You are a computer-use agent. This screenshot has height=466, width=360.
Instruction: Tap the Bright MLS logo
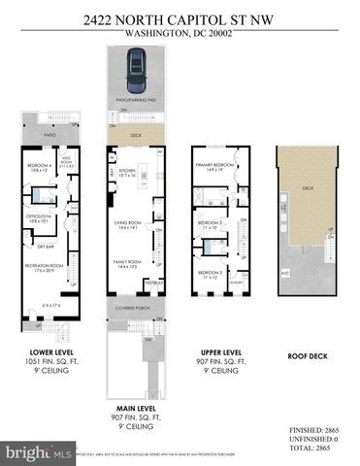pos(38,452)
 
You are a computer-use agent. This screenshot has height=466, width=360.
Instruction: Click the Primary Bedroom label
pos(213,165)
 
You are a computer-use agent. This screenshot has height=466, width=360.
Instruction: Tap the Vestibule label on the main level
pos(151,283)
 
